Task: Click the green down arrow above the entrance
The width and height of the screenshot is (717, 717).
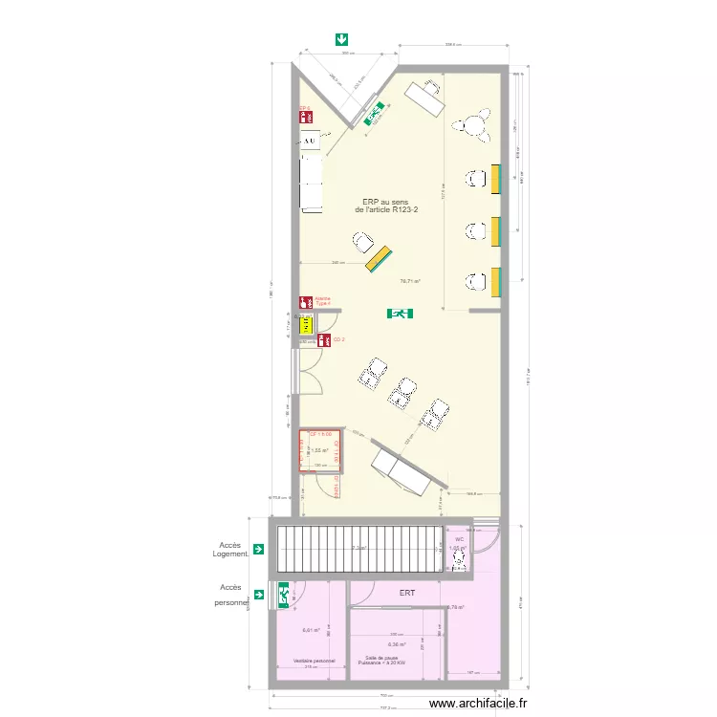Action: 341,39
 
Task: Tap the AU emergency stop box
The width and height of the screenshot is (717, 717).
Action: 309,142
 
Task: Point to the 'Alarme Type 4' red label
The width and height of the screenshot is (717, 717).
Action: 322,301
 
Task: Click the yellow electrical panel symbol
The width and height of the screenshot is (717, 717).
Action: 307,325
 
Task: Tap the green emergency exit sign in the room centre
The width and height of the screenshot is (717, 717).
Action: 400,314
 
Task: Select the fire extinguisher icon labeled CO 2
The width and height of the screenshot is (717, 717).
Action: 325,339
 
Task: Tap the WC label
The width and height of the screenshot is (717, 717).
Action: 459,539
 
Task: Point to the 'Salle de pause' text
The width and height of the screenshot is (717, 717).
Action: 381,658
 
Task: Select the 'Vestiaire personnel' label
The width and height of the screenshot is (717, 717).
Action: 308,661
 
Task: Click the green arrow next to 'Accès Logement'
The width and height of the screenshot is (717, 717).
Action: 258,549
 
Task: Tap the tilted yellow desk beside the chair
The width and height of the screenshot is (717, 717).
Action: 378,258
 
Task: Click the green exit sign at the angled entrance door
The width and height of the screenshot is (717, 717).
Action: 372,114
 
